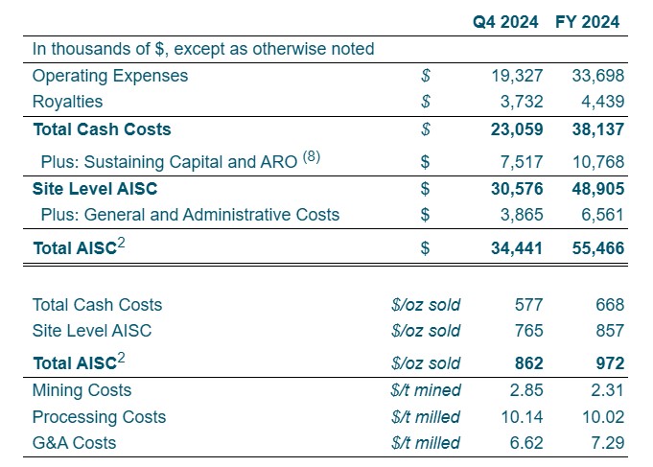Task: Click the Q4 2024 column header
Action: [506, 21]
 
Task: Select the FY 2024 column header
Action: [588, 21]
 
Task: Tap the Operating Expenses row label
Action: [110, 75]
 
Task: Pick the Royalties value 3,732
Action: [519, 101]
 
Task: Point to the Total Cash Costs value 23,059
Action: [515, 128]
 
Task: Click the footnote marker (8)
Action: [312, 156]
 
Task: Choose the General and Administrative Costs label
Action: [190, 215]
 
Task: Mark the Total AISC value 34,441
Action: [515, 248]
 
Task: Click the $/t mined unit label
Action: [426, 390]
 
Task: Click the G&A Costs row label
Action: [74, 443]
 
